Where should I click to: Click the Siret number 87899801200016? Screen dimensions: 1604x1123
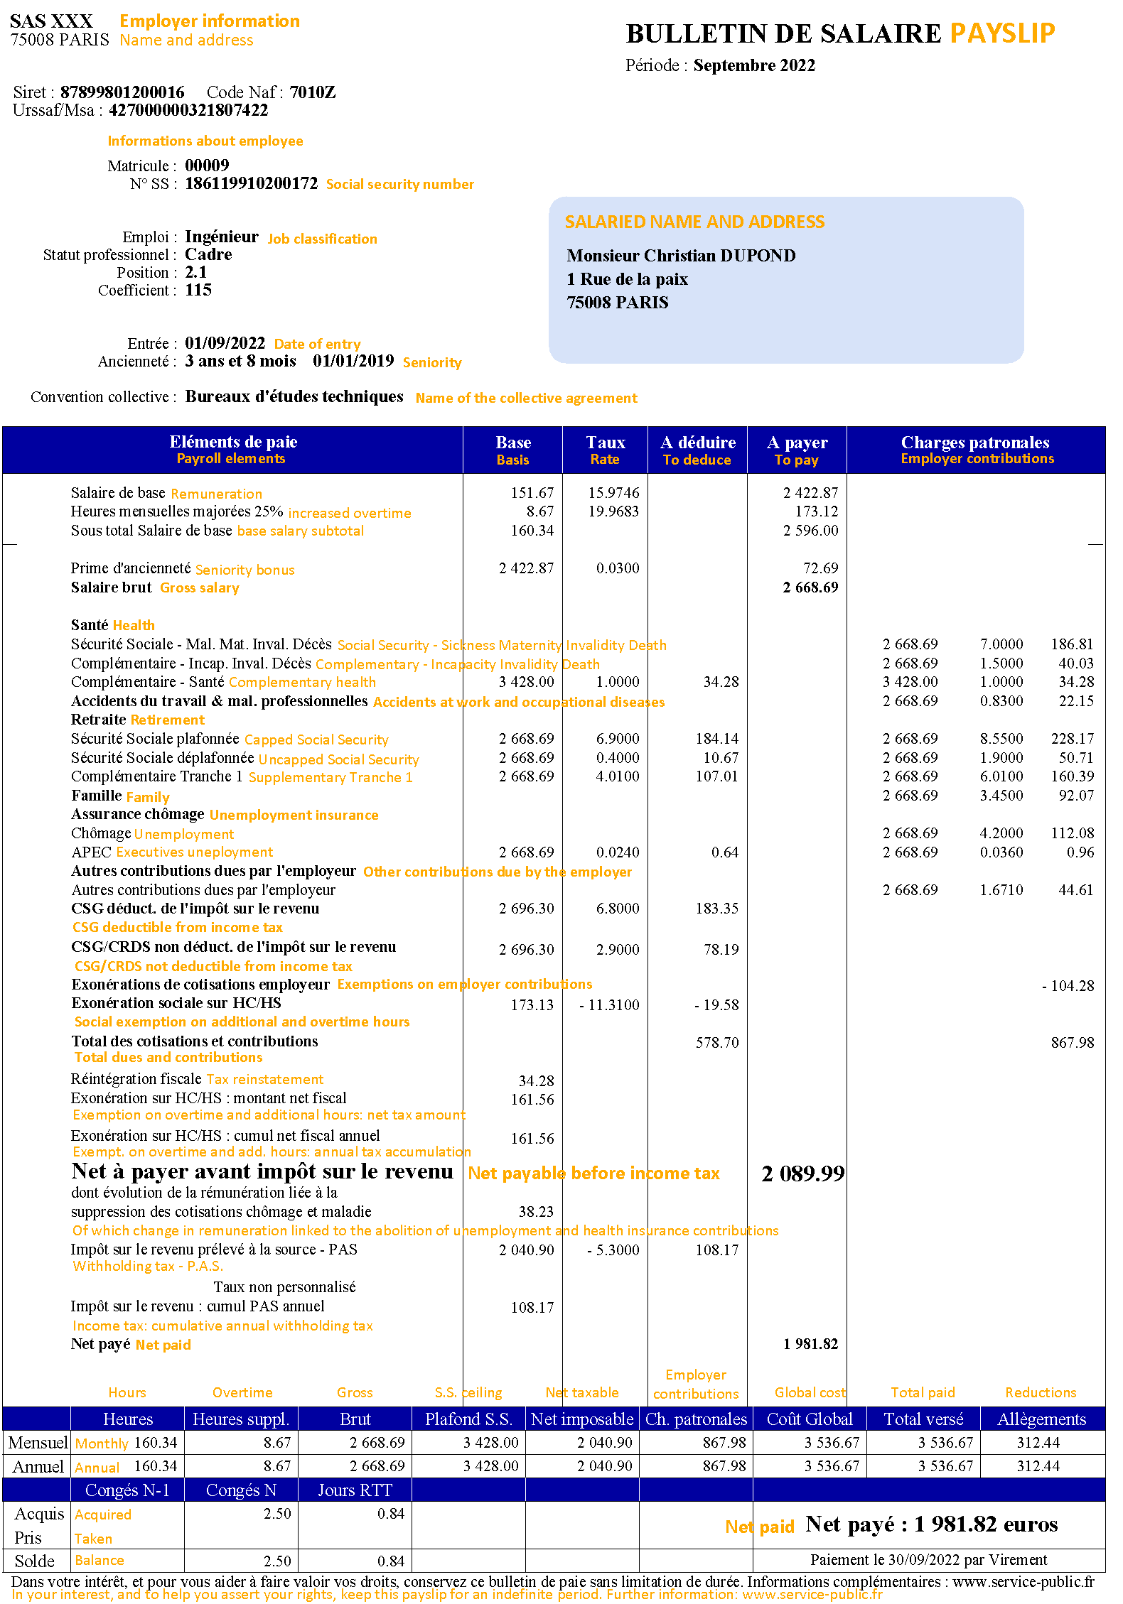pyautogui.click(x=122, y=92)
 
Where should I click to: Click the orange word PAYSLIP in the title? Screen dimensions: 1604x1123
pyautogui.click(x=1002, y=33)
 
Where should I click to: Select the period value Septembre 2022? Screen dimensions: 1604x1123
pyautogui.click(x=754, y=65)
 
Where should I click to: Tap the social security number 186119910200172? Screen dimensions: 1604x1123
pyautogui.click(x=251, y=183)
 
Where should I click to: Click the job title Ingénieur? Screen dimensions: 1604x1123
pyautogui.click(x=221, y=237)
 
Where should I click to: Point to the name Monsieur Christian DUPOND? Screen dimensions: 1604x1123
pyautogui.click(x=681, y=256)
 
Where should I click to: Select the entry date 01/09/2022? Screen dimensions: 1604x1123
pyautogui.click(x=225, y=343)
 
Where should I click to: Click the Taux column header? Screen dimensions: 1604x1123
pyautogui.click(x=605, y=443)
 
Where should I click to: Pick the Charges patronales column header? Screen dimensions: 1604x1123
pyautogui.click(x=975, y=443)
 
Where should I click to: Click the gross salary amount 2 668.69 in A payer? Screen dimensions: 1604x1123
pyautogui.click(x=810, y=587)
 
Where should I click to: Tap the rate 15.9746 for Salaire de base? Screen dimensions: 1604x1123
pyautogui.click(x=613, y=493)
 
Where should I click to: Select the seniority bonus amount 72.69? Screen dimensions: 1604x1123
pyautogui.click(x=820, y=568)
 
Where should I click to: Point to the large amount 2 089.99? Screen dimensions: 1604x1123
pyautogui.click(x=802, y=1174)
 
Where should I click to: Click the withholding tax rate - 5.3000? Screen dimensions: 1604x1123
pyautogui.click(x=613, y=1250)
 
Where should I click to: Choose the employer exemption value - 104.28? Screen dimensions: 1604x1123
pyautogui.click(x=1068, y=986)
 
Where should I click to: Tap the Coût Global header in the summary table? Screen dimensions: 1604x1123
pyautogui.click(x=810, y=1419)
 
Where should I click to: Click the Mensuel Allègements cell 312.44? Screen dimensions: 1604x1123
pyautogui.click(x=1038, y=1443)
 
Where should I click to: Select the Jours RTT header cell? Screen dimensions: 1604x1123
pyautogui.click(x=355, y=1490)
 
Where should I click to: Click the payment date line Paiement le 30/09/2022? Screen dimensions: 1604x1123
pyautogui.click(x=928, y=1560)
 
